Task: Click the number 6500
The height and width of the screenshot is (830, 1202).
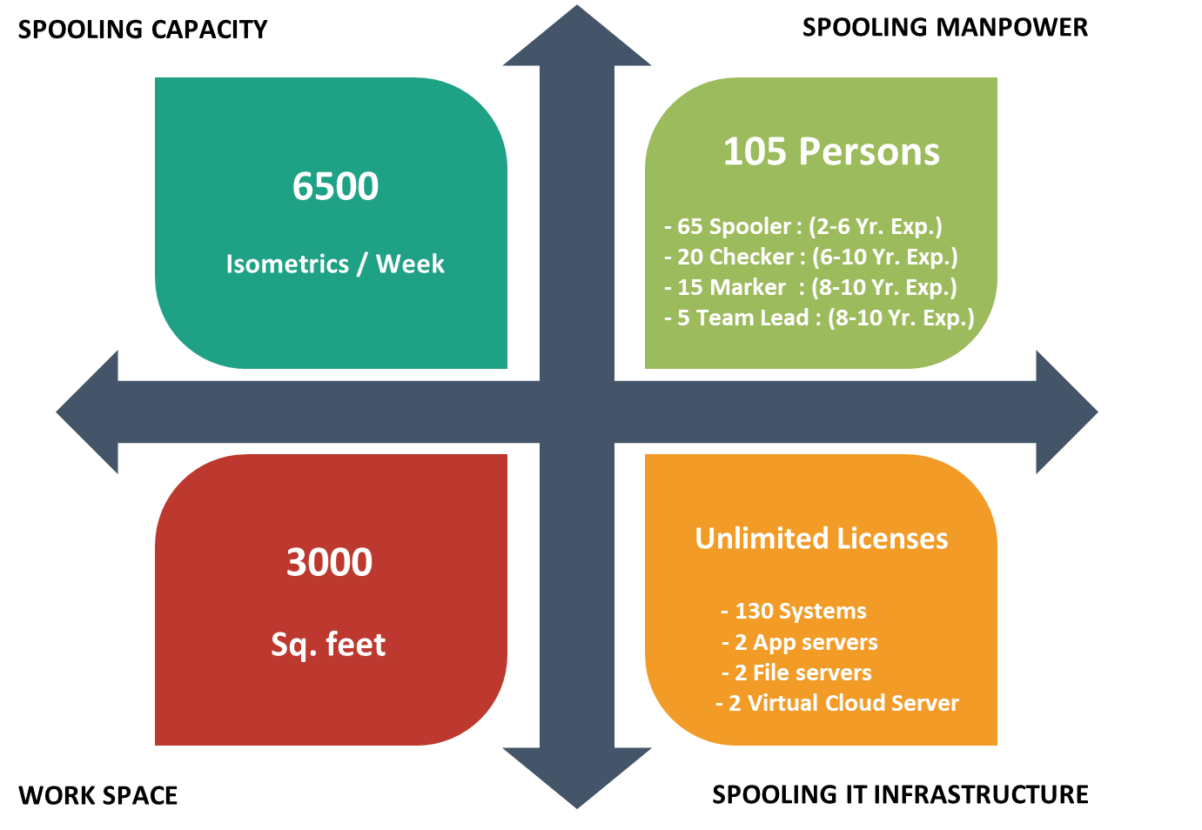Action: pos(335,186)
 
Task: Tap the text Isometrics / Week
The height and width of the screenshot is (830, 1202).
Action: pos(335,264)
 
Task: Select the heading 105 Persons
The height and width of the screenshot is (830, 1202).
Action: pos(831,151)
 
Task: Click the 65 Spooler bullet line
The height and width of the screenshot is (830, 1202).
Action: pos(802,226)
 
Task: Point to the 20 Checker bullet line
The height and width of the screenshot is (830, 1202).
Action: pos(810,257)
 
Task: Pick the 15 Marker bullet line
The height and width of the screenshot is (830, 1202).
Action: pos(809,287)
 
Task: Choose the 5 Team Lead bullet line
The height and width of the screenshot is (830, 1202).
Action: pos(818,318)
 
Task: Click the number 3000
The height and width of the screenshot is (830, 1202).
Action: pos(329,562)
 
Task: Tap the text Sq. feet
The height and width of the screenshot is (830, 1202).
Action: pos(328,645)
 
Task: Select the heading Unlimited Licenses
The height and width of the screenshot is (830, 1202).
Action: pos(821,539)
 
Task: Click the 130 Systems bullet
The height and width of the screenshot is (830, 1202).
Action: pos(794,611)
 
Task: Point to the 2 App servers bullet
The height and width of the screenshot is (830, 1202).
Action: pos(799,642)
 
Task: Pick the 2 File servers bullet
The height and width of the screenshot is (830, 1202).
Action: pos(796,673)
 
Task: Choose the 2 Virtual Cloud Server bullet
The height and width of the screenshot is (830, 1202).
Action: pos(836,703)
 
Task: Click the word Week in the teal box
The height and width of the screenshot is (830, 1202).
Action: pos(410,264)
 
